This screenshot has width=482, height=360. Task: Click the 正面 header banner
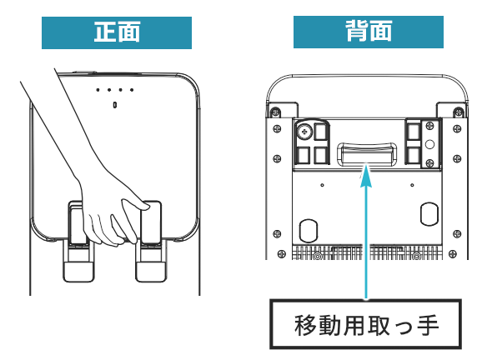point(117,32)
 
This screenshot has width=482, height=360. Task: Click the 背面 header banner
point(369,32)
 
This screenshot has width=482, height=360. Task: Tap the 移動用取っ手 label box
point(366,324)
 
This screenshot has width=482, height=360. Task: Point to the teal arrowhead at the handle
point(366,176)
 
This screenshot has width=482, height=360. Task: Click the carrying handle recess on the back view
point(367,153)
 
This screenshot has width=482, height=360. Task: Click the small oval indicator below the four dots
point(115,105)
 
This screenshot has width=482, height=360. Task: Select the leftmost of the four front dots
point(98,90)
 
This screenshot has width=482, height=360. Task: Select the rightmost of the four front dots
point(132,90)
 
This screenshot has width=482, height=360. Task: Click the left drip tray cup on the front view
point(78,271)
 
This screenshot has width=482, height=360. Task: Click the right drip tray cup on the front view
point(151,271)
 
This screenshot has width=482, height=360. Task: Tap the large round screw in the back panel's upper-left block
point(304,132)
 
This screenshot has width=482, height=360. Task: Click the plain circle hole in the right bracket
point(429,144)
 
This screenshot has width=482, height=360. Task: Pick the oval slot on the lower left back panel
point(309,230)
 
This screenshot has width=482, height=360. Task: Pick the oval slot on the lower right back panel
point(429,214)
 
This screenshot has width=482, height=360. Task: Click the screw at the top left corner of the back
point(275,112)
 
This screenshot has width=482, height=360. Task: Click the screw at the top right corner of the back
point(459,112)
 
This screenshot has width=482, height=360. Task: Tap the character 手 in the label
point(428,325)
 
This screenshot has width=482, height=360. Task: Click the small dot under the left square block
point(322,185)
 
